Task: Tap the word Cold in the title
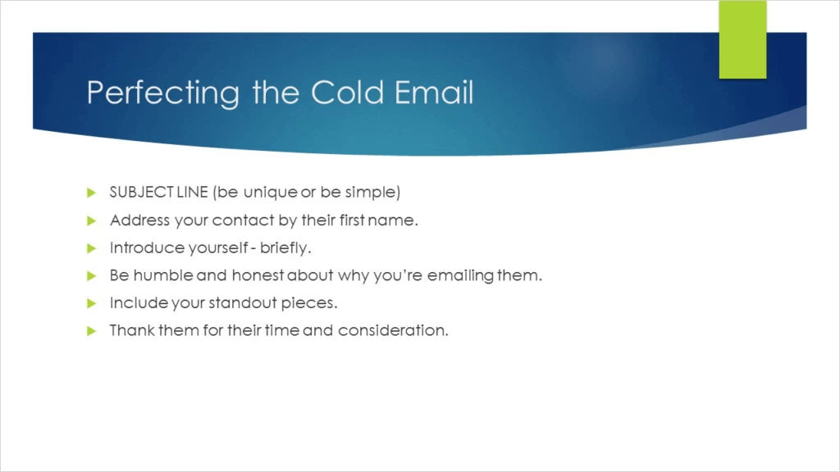pyautogui.click(x=337, y=92)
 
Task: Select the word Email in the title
pyautogui.click(x=434, y=92)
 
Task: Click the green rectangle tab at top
pyautogui.click(x=742, y=39)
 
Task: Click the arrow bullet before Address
pyautogui.click(x=92, y=220)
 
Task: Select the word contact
pyautogui.click(x=244, y=220)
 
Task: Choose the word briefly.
pyautogui.click(x=285, y=247)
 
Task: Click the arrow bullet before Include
pyautogui.click(x=92, y=303)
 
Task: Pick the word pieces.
pyautogui.click(x=310, y=303)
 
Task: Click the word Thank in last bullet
pyautogui.click(x=130, y=331)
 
